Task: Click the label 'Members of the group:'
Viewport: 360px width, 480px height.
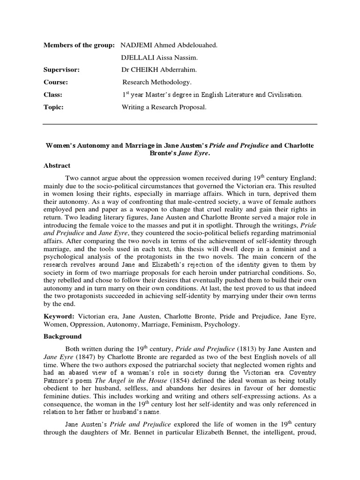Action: [x=79, y=45]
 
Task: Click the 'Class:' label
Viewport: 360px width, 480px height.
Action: [x=53, y=95]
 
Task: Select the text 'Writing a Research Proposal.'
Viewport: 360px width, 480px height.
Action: [x=164, y=107]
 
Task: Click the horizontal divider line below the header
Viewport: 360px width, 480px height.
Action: [x=180, y=124]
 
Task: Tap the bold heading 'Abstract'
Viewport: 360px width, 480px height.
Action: [x=57, y=166]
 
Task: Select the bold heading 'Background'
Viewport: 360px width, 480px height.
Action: [x=62, y=337]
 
